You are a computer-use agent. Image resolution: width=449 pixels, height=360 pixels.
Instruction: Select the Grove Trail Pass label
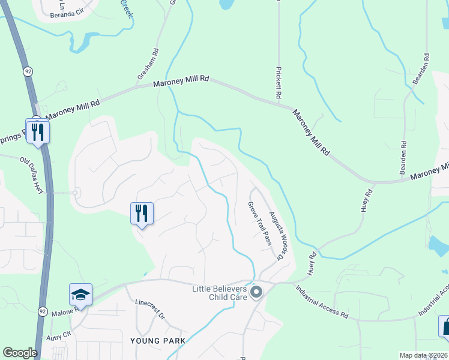(259, 223)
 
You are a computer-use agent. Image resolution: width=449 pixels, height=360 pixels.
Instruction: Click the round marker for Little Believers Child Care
(256, 292)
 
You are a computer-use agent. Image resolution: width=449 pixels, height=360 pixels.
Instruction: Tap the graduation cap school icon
(80, 295)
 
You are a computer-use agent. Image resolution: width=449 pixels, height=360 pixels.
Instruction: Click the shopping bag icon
(445, 326)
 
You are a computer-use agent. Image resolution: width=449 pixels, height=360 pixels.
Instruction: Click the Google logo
(20, 353)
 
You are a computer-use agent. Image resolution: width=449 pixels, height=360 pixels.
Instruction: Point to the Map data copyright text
(424, 355)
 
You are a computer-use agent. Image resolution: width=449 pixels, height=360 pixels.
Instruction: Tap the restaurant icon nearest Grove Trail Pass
(142, 212)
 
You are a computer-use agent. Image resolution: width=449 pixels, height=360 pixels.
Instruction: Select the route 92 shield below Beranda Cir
(28, 71)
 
